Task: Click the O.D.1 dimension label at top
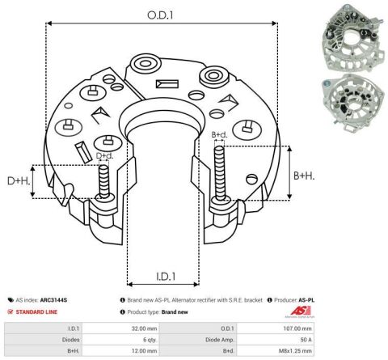(160, 15)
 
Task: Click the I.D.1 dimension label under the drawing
(166, 277)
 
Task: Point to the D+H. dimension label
(19, 181)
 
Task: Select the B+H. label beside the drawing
(304, 176)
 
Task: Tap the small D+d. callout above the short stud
(105, 155)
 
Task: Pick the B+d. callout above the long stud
(219, 134)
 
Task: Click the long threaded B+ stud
(219, 174)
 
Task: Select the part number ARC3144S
(53, 300)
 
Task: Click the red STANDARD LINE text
(36, 312)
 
